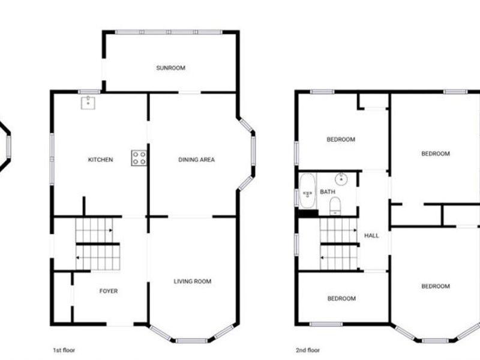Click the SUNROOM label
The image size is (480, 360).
170,68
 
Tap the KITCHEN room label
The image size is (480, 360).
100,160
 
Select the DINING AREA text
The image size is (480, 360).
196,160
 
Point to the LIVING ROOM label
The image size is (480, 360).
192,281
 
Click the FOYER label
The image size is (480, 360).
109,291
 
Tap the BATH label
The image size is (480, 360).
327,191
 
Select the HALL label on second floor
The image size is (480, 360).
371,235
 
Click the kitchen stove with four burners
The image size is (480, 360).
139,158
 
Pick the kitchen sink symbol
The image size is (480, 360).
88,103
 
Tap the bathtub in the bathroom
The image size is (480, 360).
307,190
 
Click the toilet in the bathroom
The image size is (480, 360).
335,206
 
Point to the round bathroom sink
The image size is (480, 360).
341,179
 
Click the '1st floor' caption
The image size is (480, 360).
64,350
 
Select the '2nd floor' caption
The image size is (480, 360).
308,350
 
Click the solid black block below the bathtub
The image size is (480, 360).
308,214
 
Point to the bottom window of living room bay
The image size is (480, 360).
191,341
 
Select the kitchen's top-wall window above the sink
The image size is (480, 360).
89,92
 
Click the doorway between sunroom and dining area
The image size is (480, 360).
190,92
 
